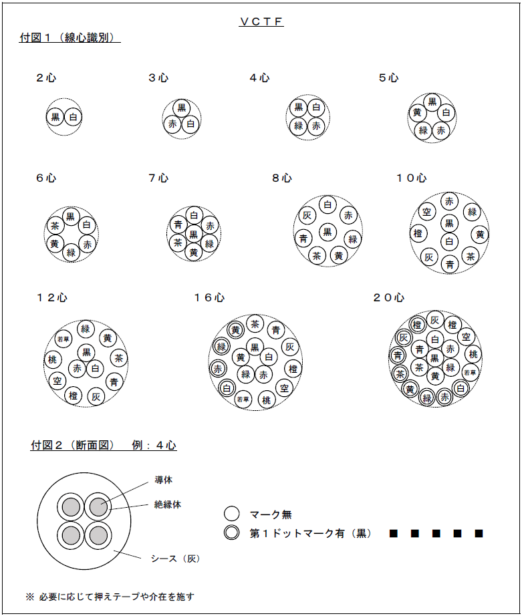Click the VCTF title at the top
pos(261,22)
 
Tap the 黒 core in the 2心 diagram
pos(55,118)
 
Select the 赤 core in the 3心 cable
pos(172,124)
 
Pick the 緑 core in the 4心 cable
pos(299,125)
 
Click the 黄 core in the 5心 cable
pos(417,112)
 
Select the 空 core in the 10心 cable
pos(426,212)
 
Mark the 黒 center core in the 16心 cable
pos(254,346)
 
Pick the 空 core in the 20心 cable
pos(467,337)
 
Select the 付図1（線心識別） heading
pos(70,38)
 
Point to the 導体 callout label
pos(163,480)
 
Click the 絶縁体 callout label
pos(167,505)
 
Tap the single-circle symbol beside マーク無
pos(231,514)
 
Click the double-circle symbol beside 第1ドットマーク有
pos(231,533)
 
